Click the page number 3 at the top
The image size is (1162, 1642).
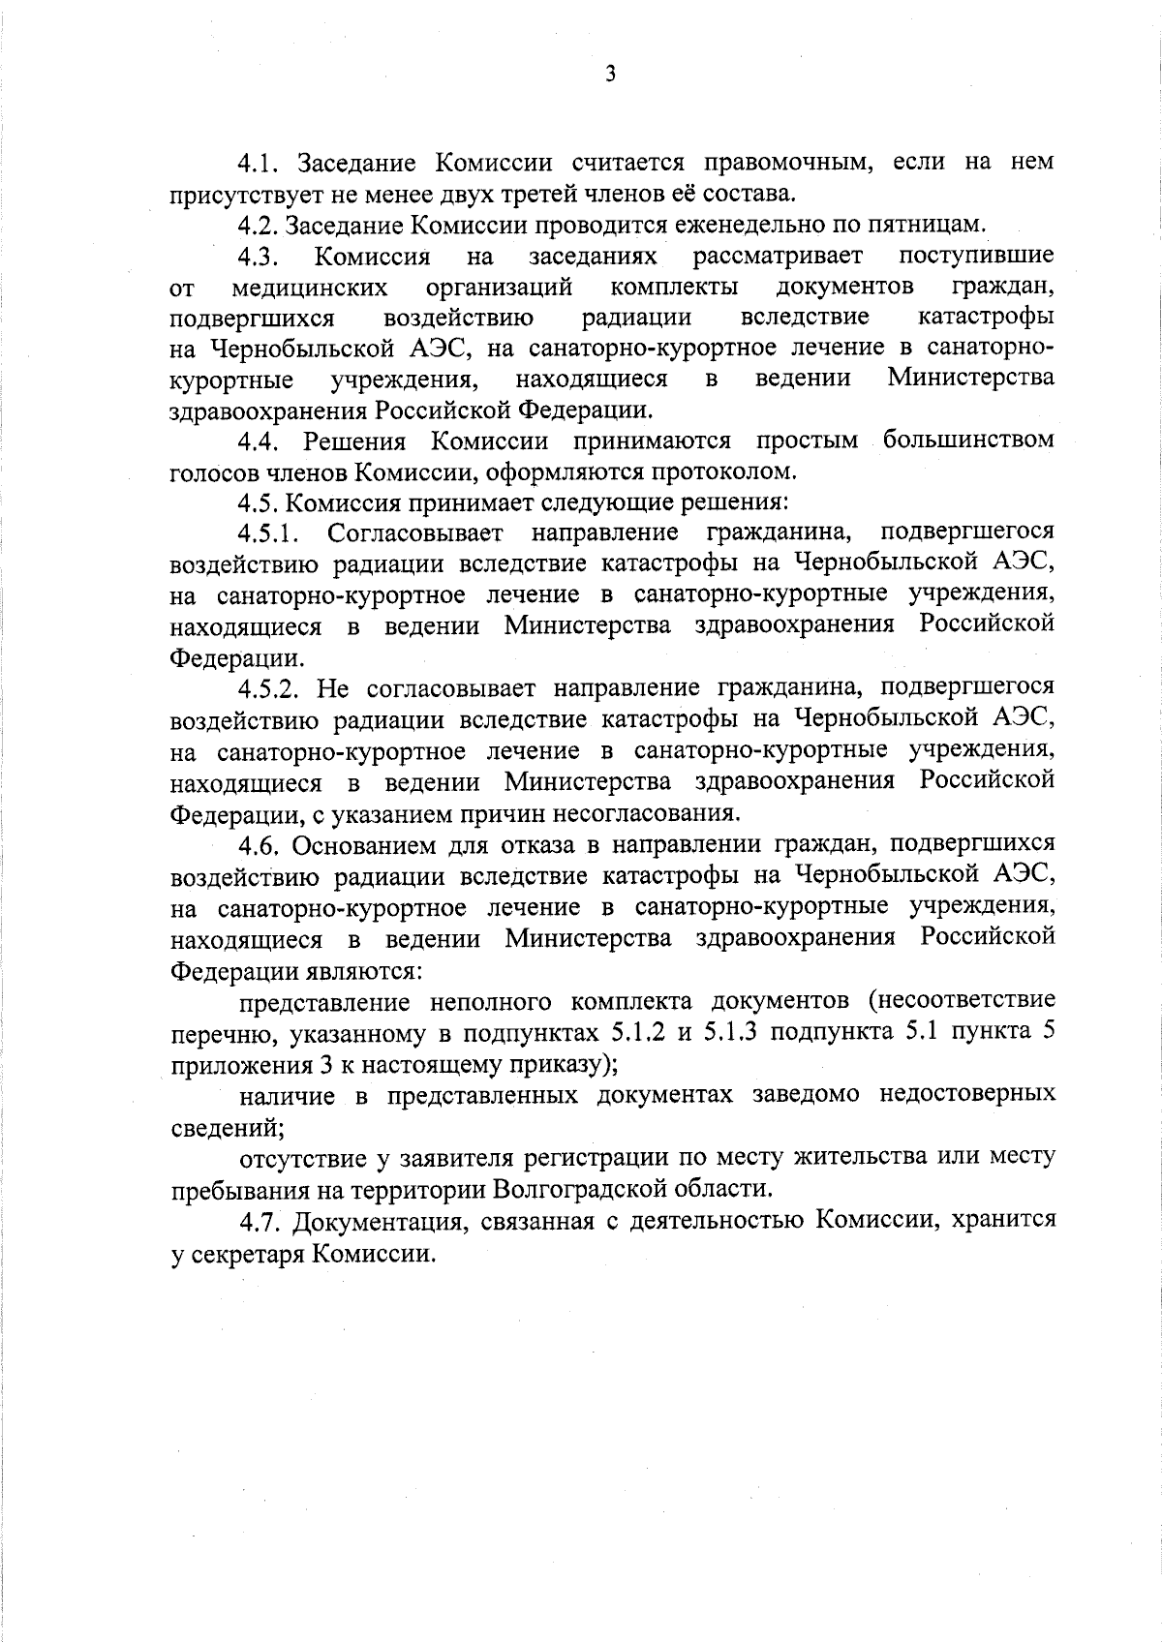pos(609,74)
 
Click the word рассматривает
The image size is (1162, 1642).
pos(778,257)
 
